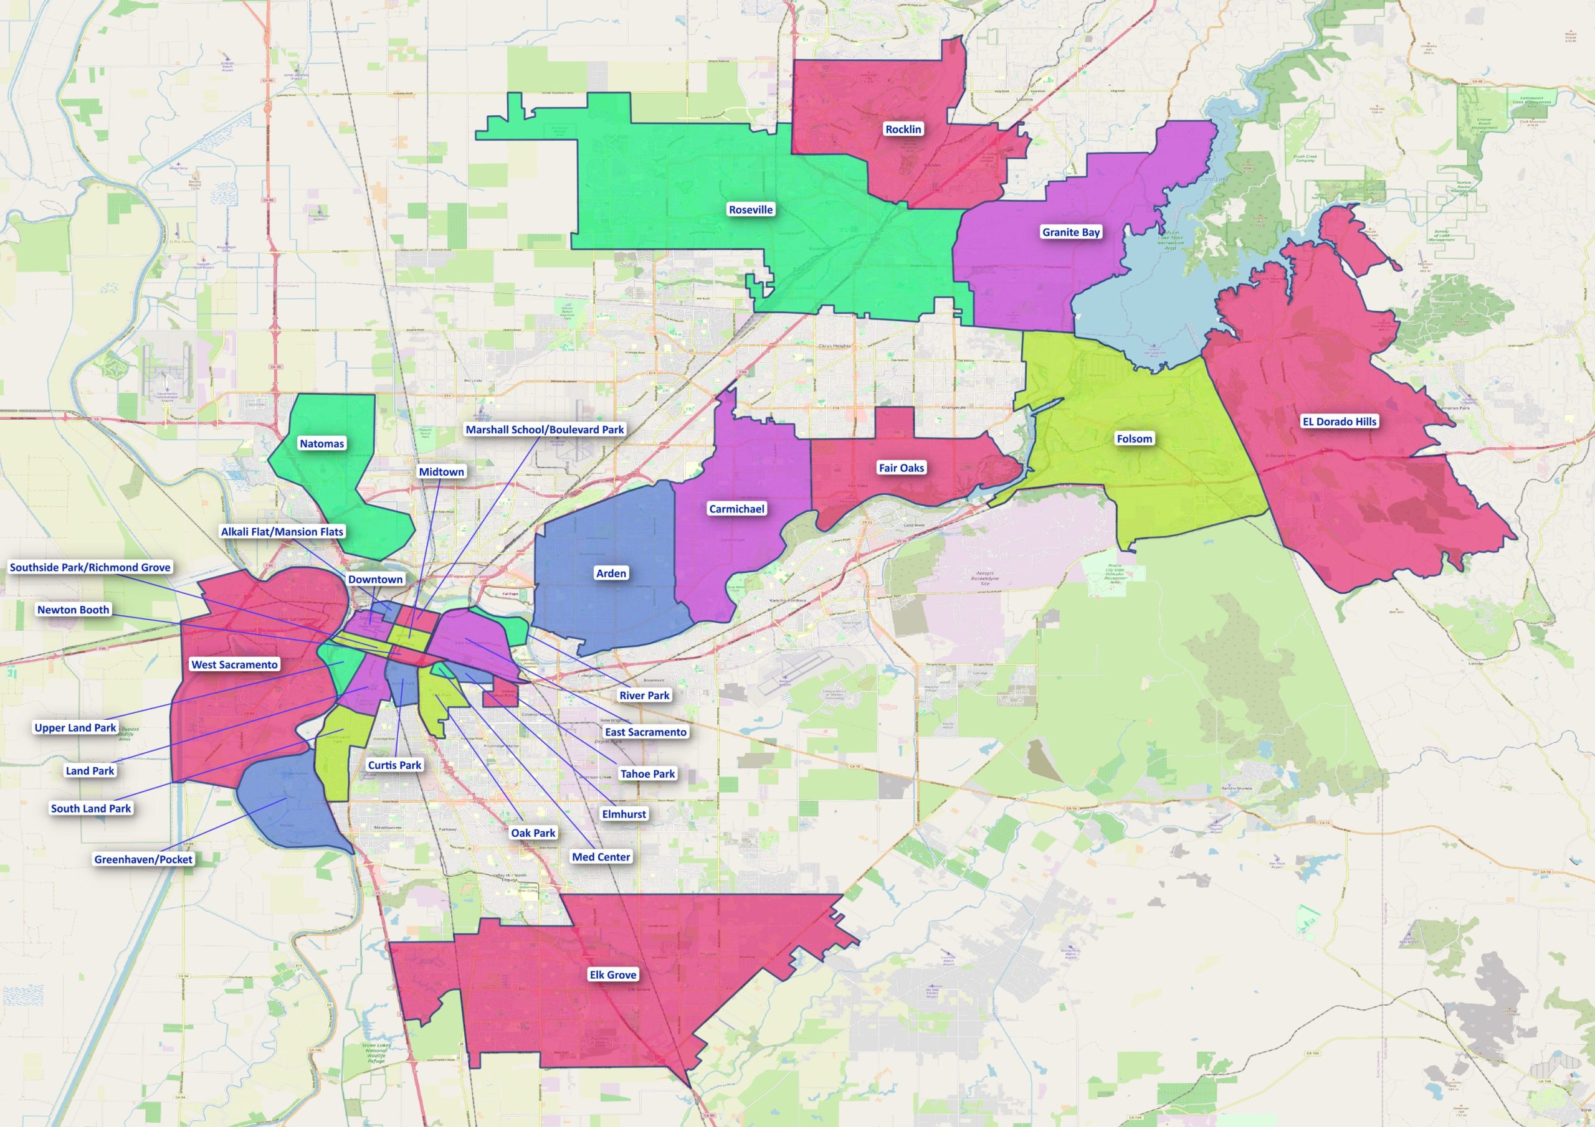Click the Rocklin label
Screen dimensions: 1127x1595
tap(903, 129)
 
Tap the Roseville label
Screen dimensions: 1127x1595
tap(750, 210)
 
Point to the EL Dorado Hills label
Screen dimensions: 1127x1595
tap(1339, 422)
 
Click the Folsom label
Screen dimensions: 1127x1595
tap(1134, 439)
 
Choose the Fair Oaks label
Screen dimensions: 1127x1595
tap(901, 468)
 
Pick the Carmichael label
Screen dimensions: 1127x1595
tap(736, 509)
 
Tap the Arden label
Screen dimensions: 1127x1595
tap(611, 573)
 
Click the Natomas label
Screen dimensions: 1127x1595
tap(321, 444)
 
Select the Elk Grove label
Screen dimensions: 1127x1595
tap(612, 975)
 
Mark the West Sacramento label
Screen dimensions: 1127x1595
tap(235, 664)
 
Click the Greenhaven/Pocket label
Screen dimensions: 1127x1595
tap(143, 859)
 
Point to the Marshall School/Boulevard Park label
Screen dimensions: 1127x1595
tap(545, 430)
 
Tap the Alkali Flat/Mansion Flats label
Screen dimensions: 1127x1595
tap(282, 532)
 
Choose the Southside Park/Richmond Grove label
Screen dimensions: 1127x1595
tap(90, 567)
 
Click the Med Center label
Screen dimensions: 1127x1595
tap(601, 857)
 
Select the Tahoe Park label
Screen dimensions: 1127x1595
tap(647, 773)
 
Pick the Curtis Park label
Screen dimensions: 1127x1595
tap(394, 765)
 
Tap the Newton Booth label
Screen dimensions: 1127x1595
tap(73, 610)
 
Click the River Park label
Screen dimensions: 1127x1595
tap(644, 695)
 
